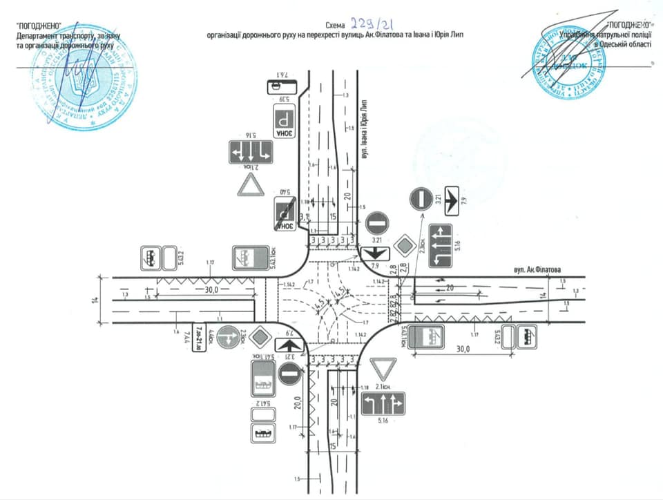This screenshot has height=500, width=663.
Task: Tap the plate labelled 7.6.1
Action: tap(282, 86)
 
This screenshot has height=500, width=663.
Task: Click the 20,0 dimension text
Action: tap(298, 401)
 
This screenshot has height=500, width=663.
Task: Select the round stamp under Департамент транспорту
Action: tap(90, 81)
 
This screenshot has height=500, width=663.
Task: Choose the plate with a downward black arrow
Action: tap(373, 254)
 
